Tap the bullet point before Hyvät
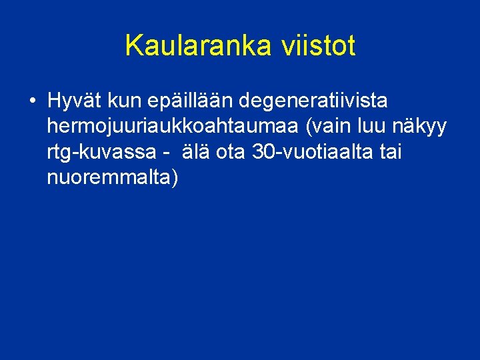(32, 101)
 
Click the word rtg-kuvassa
(101, 153)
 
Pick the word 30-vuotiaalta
(313, 153)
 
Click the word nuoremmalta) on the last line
(110, 178)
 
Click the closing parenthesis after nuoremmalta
(175, 179)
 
